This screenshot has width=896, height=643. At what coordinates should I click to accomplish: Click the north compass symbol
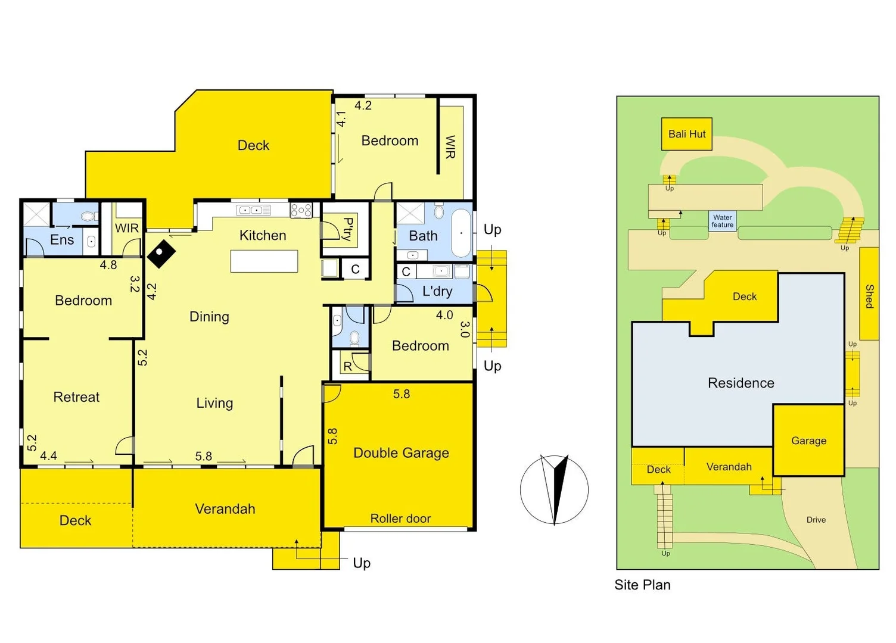click(x=554, y=489)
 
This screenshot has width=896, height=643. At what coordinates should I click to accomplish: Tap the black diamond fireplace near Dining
click(x=161, y=254)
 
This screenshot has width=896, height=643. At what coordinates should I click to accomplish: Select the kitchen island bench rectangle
click(x=264, y=261)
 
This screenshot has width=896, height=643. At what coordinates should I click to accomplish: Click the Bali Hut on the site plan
click(x=686, y=134)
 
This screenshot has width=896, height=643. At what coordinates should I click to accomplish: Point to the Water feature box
click(x=722, y=221)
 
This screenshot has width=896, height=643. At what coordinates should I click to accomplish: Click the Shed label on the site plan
click(x=869, y=296)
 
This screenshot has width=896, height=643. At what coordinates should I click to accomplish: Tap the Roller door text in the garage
click(x=400, y=519)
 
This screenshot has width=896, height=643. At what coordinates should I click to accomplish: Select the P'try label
click(x=348, y=229)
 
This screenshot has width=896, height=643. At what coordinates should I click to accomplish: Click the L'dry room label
click(x=437, y=291)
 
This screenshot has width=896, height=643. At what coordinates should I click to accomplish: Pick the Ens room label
click(x=62, y=240)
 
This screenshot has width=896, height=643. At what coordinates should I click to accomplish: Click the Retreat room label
click(x=76, y=397)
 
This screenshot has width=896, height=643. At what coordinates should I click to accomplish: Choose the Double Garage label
click(x=401, y=453)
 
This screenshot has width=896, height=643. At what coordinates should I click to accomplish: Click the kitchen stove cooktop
click(x=301, y=210)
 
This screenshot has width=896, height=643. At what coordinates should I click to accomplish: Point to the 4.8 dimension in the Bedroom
click(x=108, y=265)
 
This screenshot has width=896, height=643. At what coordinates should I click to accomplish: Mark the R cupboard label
click(x=348, y=367)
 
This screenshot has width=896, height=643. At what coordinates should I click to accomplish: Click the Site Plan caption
click(x=642, y=585)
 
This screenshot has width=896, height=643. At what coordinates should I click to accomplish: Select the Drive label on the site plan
click(x=816, y=520)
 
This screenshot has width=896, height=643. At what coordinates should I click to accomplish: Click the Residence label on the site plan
click(x=741, y=383)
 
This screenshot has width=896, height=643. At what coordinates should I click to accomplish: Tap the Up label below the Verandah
click(x=362, y=563)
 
